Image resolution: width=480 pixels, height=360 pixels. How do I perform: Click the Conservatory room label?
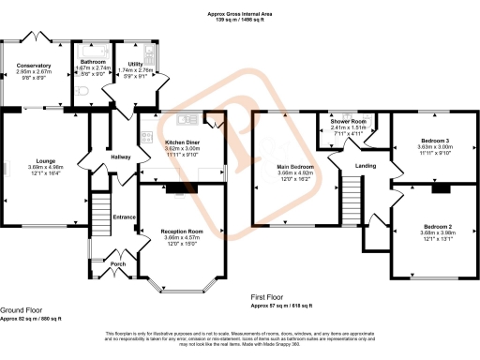37,66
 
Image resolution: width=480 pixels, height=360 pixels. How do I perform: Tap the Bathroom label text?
95,62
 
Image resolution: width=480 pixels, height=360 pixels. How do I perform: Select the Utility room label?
136,64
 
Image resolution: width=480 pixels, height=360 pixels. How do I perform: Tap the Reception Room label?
183,231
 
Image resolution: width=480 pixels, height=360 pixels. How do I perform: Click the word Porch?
118,264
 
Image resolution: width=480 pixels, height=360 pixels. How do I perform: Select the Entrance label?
125,217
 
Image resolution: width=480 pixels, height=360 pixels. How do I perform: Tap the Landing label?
366,167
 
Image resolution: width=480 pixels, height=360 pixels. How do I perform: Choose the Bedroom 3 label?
436,141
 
